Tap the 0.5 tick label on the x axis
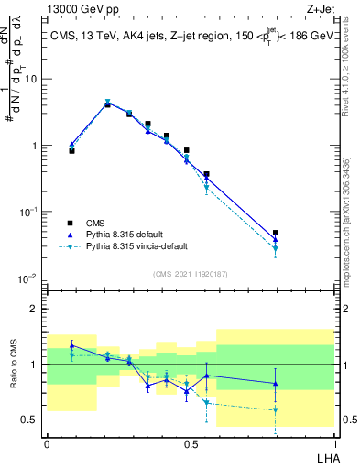[190, 442]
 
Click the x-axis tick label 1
[333, 442]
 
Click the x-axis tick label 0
[47, 442]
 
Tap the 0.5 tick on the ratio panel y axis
[32, 420]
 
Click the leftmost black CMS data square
[71, 150]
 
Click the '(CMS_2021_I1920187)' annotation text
[190, 273]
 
